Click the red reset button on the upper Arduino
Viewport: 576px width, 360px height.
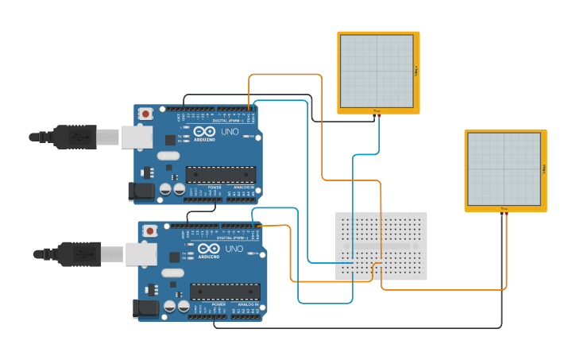[x=146, y=114]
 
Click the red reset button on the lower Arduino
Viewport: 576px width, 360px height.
[x=150, y=230]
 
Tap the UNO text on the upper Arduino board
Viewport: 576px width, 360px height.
[x=230, y=132]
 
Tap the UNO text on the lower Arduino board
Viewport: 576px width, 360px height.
[x=234, y=249]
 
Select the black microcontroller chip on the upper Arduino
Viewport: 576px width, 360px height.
[x=220, y=175]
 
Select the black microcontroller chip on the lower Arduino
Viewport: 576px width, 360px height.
[x=224, y=292]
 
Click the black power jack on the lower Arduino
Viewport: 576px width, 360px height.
[x=145, y=308]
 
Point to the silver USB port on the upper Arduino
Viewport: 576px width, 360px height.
[x=136, y=137]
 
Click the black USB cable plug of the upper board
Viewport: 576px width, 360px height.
[x=75, y=137]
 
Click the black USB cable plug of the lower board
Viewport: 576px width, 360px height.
[x=79, y=254]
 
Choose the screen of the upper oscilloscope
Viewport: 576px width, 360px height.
[x=377, y=71]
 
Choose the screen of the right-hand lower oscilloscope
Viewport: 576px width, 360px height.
[x=504, y=169]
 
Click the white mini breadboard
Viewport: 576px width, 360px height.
[x=381, y=246]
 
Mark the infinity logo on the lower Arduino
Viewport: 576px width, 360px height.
[x=208, y=249]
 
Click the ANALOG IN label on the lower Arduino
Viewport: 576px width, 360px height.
[x=247, y=304]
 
